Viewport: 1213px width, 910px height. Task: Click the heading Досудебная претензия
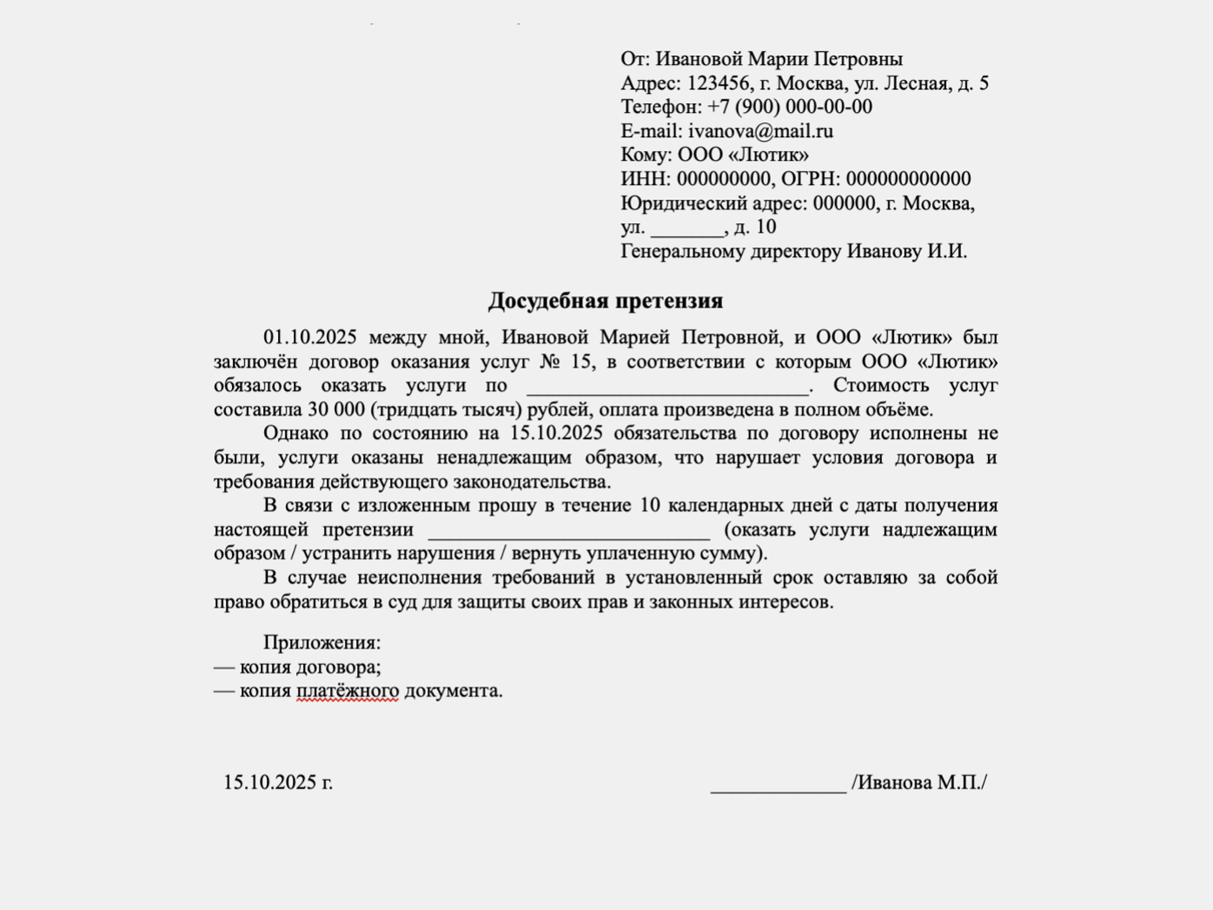pos(605,301)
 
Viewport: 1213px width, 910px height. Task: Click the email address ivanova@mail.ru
pos(760,131)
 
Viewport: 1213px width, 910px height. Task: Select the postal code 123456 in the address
pos(718,83)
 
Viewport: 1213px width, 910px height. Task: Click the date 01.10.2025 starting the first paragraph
pos(310,337)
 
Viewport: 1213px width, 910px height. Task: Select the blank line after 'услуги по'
pos(667,386)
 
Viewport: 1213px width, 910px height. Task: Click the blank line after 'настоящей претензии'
pos(569,530)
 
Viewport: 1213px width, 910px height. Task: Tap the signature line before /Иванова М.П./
pos(777,784)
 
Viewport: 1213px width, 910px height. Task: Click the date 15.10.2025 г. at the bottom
pos(278,782)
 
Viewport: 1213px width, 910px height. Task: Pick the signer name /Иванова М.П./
pos(919,782)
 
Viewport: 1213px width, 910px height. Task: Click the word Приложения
pos(321,643)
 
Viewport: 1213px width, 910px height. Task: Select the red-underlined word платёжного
pos(347,691)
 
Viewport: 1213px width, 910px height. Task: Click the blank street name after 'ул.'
pos(687,228)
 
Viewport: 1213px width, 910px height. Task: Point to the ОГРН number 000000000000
pos(908,179)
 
